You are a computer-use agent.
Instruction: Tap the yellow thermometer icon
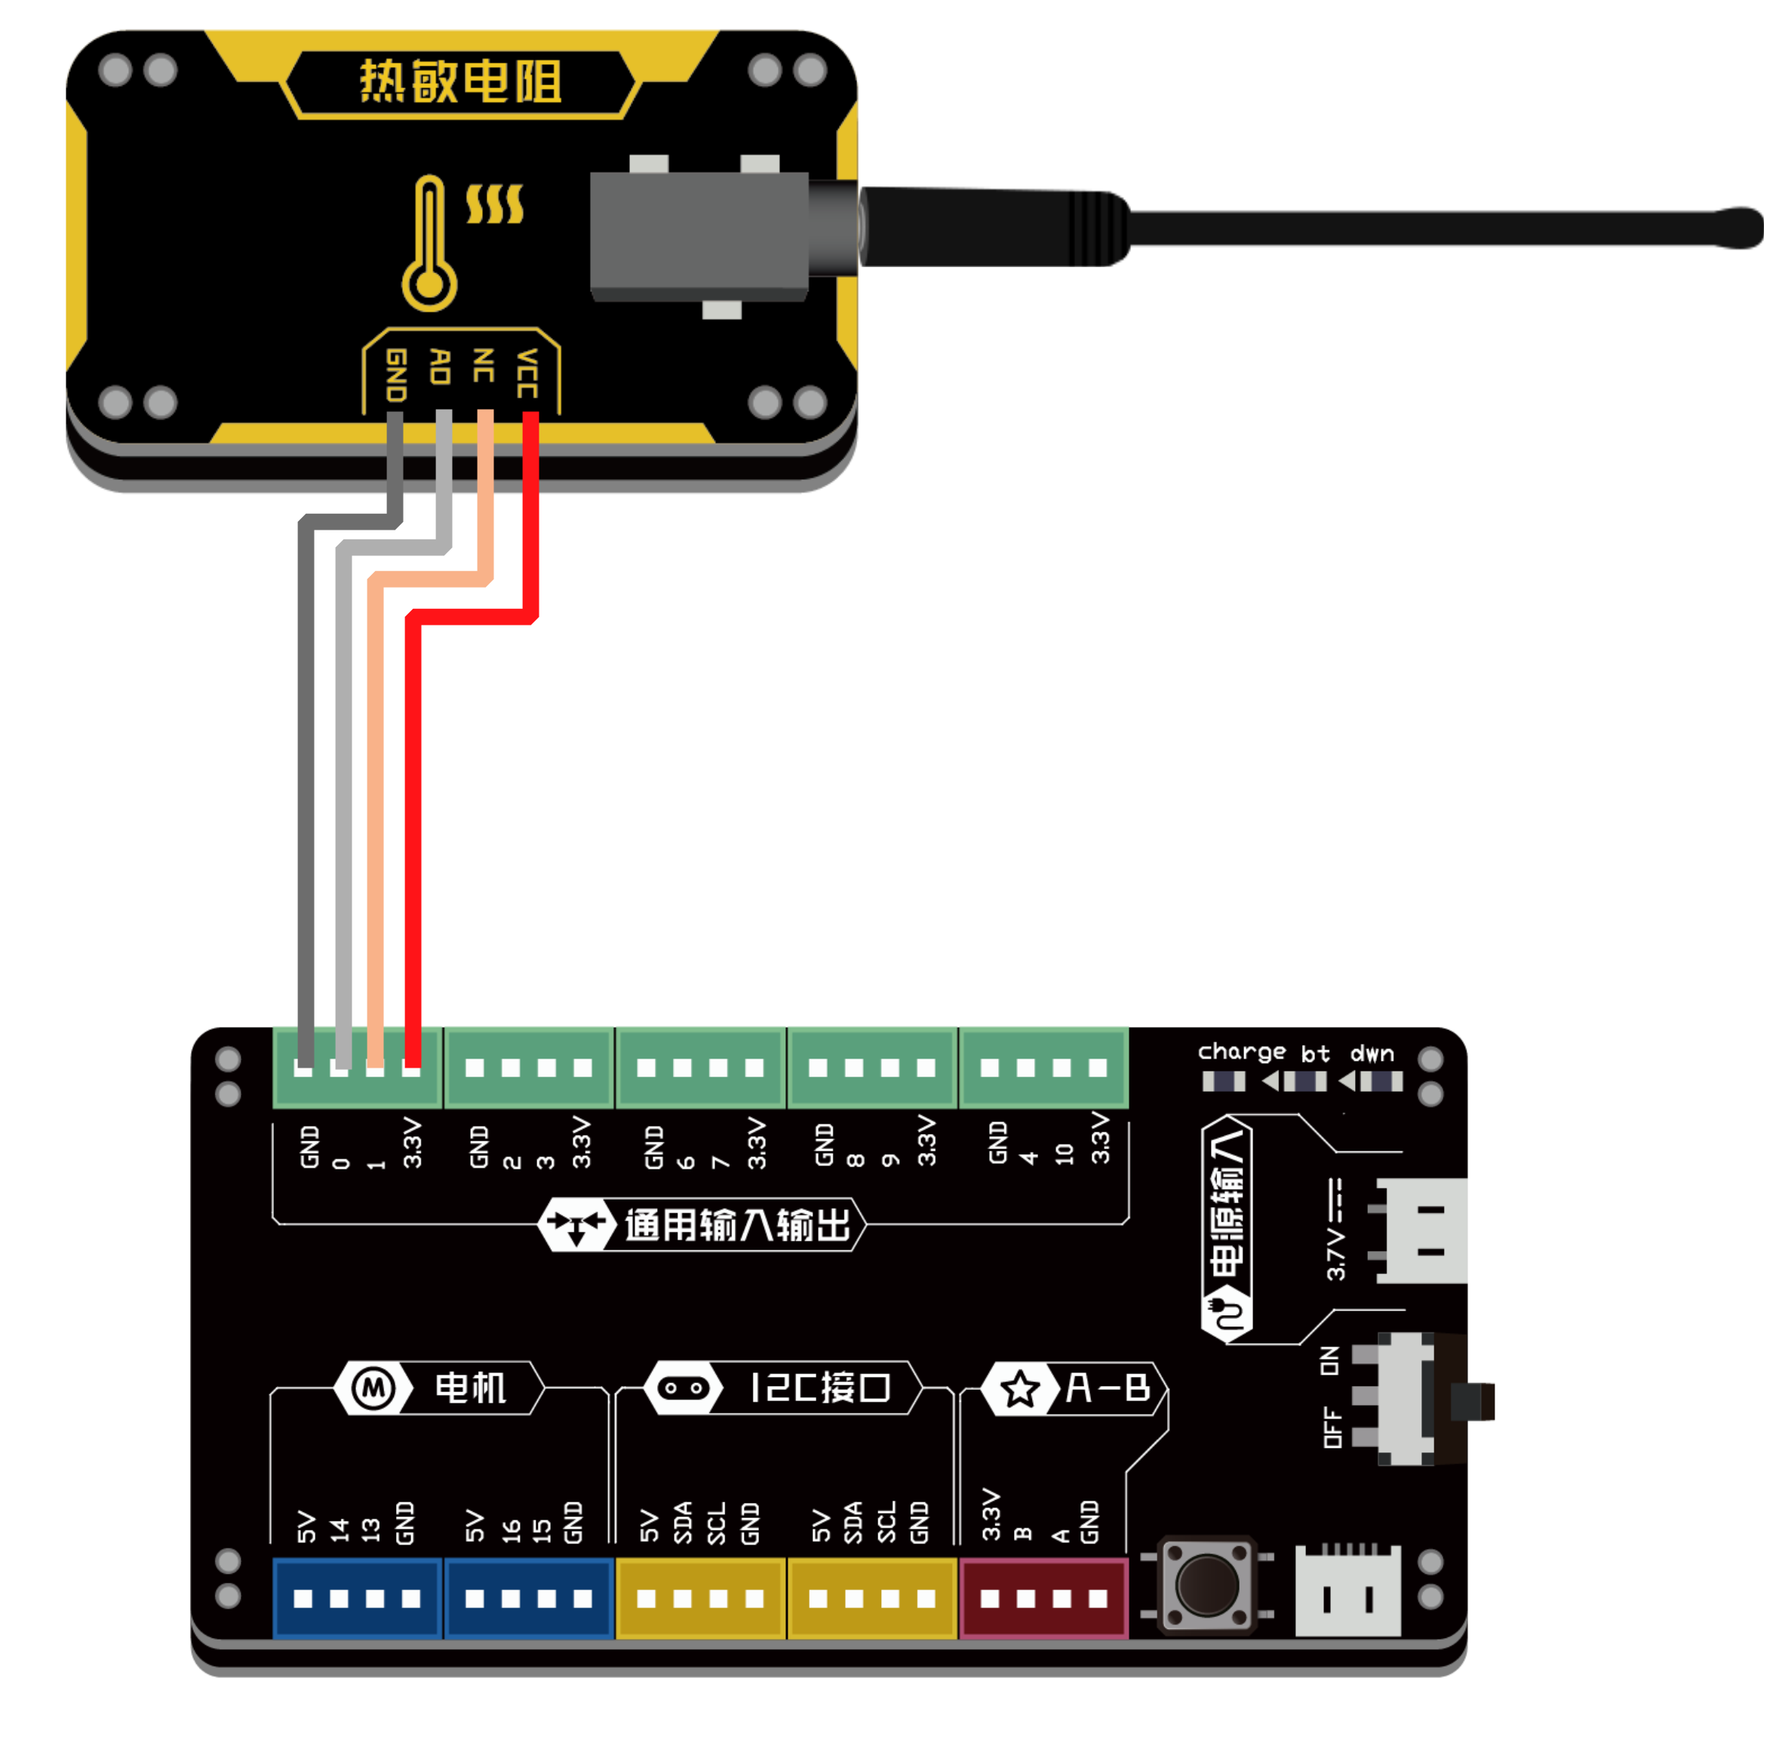429,243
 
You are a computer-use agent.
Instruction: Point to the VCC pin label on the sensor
527,373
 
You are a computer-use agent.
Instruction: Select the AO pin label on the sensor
441,367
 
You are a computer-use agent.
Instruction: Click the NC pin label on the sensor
484,365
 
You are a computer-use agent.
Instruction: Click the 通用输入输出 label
737,1225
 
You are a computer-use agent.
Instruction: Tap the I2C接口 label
819,1388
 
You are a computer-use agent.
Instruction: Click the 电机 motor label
470,1388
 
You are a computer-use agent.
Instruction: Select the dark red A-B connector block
1043,1598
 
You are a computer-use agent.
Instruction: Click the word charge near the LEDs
1241,1052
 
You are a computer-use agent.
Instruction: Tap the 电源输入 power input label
1227,1203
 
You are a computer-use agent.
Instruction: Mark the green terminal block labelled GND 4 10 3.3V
1043,1068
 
